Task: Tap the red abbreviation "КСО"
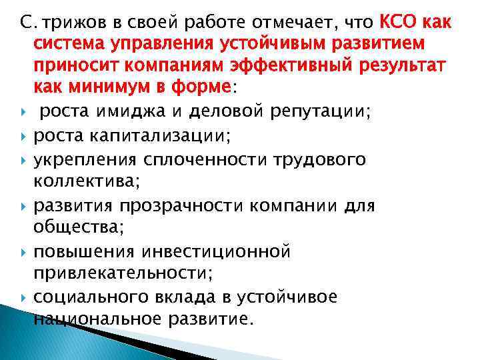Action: coord(399,24)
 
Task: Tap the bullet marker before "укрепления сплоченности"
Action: coord(23,160)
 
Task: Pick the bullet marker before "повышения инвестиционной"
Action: coord(23,251)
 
